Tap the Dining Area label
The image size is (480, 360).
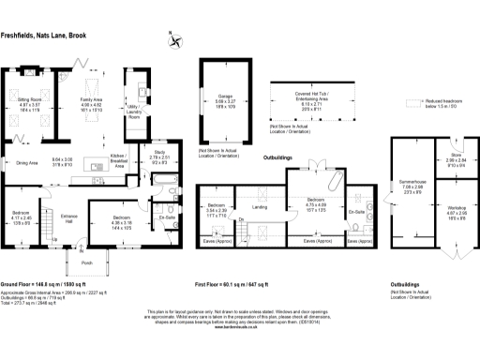pos(26,162)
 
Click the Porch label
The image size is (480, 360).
pos(87,262)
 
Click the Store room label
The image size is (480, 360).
pos(457,158)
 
